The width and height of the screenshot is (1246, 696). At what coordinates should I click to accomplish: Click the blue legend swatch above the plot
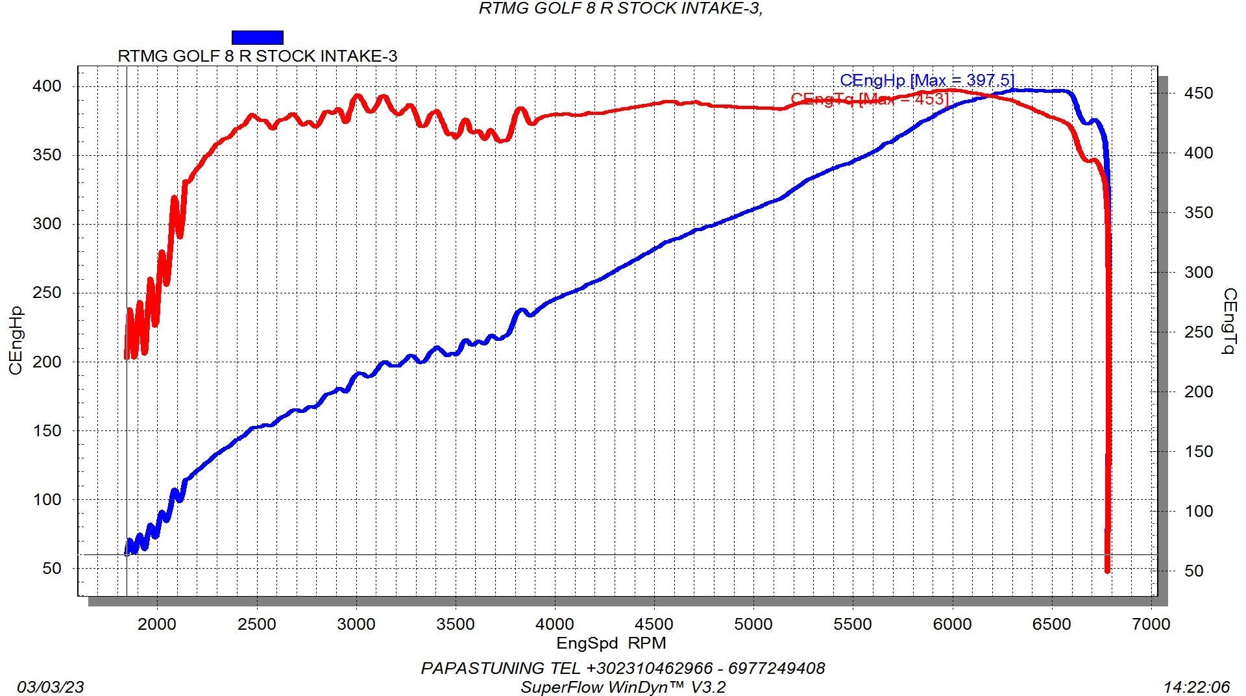coord(257,38)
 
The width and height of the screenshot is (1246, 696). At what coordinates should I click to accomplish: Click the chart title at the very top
coord(620,8)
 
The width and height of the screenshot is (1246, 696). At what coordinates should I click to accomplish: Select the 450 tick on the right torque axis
coord(1198,93)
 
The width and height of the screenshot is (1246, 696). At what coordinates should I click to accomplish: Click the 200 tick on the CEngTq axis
coord(1198,392)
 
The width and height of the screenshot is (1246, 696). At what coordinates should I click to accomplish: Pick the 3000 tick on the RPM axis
coord(356,625)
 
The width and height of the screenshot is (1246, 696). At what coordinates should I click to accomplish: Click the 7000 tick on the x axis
coord(1151,625)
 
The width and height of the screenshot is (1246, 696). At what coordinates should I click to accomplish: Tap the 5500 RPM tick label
coord(853,625)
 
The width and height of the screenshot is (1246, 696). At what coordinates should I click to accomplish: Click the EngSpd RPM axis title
coord(611,643)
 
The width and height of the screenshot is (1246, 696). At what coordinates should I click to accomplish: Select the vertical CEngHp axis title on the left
coord(16,340)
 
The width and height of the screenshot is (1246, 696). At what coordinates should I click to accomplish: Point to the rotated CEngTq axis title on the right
coord(1228,322)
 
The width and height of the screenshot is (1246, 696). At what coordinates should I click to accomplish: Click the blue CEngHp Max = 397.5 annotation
coord(927,81)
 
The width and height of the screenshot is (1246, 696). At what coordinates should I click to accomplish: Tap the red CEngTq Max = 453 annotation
coord(870,99)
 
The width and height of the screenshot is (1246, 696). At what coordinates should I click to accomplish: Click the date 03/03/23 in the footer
coord(51,687)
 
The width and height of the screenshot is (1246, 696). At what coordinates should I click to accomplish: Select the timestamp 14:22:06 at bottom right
coord(1197,687)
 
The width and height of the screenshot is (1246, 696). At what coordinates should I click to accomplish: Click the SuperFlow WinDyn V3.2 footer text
coord(623,687)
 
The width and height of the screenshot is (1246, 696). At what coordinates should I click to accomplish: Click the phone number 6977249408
coord(776,668)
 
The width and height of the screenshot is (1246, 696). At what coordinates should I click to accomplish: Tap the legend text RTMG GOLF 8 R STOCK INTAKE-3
coord(257,56)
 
